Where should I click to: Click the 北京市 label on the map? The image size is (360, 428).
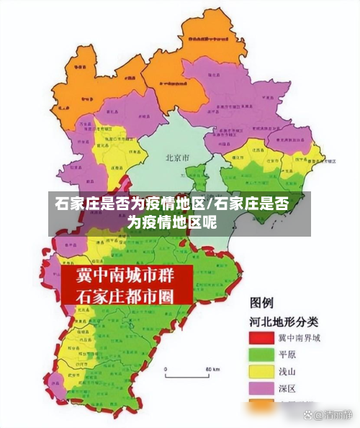[x=176, y=158]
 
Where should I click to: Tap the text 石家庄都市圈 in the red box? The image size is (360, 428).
[x=126, y=296]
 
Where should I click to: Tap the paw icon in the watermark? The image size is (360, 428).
[x=308, y=415]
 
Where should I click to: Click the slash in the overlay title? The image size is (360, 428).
[x=210, y=204]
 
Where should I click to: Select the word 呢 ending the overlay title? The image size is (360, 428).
[x=209, y=222]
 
